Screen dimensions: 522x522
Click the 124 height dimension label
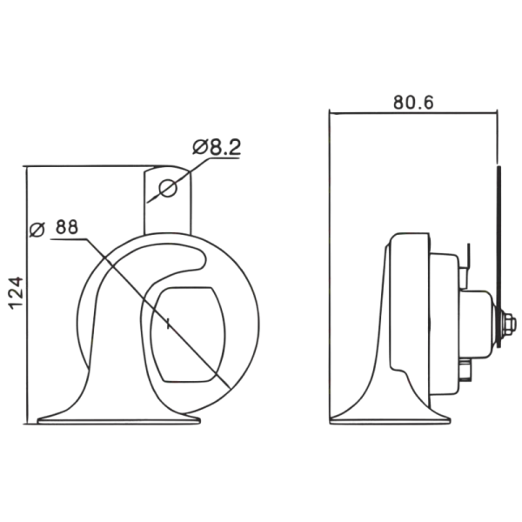tap(17, 293)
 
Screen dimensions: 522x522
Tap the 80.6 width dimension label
tap(413, 102)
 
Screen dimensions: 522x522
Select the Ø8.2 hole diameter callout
tap(217, 147)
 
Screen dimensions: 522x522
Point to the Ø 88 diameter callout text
tap(54, 228)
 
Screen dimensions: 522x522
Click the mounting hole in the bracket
tap(168, 188)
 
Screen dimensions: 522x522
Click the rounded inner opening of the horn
tap(187, 335)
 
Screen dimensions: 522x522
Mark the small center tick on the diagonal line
tap(169, 324)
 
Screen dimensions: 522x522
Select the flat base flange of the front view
tap(119, 421)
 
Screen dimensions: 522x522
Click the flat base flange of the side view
tap(390, 421)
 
